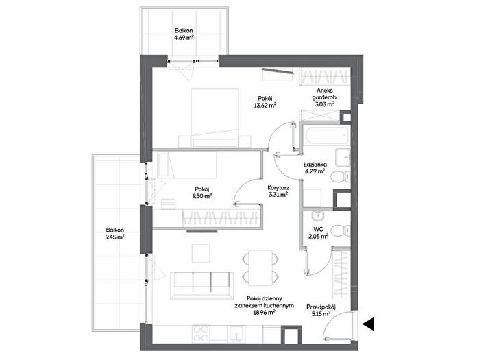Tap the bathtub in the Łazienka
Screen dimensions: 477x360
coord(327,136)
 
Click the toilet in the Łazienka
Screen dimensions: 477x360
coord(340,176)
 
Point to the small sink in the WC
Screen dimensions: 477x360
coord(318,215)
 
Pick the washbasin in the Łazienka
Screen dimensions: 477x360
coord(343,157)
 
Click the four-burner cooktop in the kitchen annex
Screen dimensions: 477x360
coord(201,334)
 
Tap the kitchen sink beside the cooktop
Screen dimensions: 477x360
coord(237,334)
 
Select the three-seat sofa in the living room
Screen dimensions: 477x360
coord(201,285)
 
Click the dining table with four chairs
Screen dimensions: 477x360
coord(260,268)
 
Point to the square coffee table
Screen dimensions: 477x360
coord(201,253)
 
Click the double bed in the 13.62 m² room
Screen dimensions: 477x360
coord(215,118)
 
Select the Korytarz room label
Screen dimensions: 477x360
coord(278,188)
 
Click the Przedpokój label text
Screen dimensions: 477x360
coord(321,307)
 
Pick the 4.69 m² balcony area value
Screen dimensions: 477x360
coord(184,38)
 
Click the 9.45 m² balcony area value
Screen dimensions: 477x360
coord(115,237)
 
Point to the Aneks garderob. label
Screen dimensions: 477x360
coord(325,94)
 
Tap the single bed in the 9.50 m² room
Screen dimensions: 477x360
coord(187,165)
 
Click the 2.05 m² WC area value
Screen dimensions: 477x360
coord(318,235)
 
